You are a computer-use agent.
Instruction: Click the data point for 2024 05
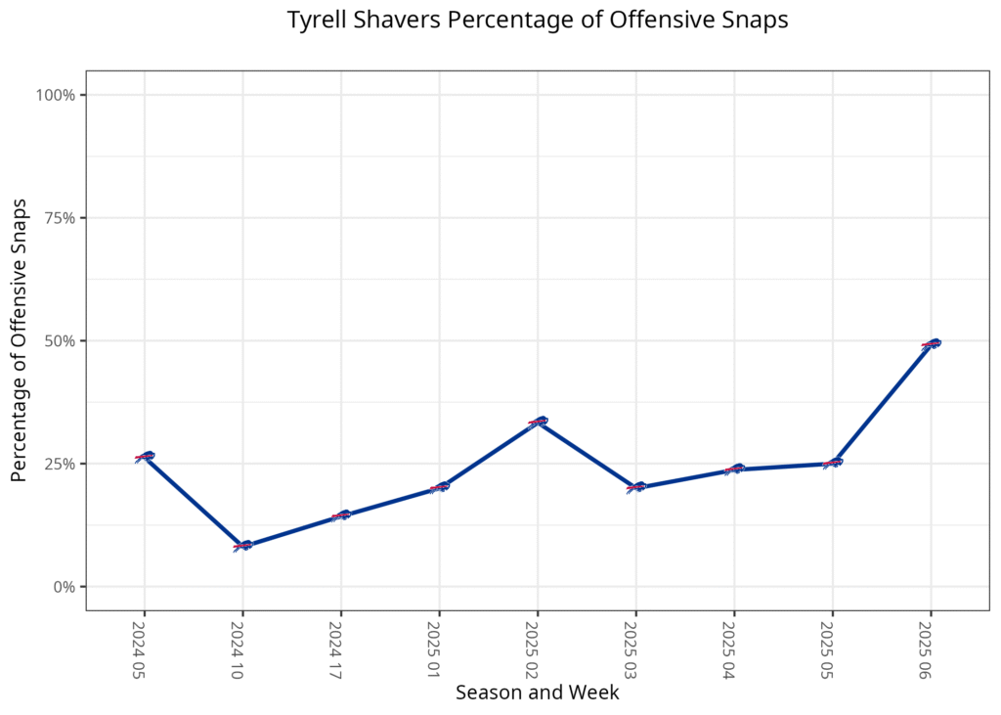145,457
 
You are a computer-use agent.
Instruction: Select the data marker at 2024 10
242,546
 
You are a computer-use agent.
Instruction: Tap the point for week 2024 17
341,515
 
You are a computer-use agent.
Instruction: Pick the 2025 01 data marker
439,487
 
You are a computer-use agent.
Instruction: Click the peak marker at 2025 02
538,422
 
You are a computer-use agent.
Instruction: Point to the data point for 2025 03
636,487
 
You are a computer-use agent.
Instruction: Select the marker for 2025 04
734,469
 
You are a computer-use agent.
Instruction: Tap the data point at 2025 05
832,463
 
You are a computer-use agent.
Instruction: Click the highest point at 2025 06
931,343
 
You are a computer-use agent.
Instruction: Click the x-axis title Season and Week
537,693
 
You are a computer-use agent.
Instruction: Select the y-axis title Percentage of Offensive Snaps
19,340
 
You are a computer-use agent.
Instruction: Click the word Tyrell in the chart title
315,22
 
